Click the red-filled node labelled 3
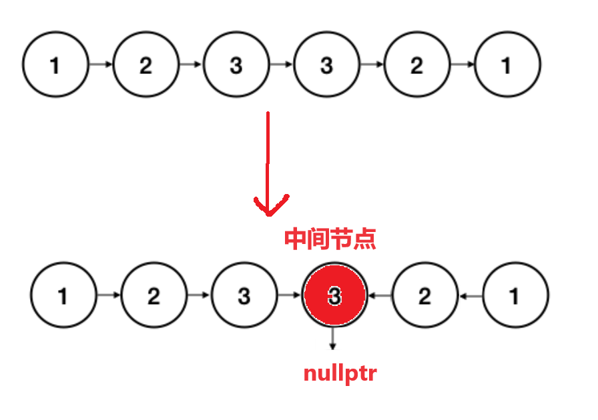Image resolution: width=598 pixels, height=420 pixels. pyautogui.click(x=334, y=295)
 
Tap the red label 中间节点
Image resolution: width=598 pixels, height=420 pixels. pyautogui.click(x=330, y=238)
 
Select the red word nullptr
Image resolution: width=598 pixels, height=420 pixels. pyautogui.click(x=340, y=373)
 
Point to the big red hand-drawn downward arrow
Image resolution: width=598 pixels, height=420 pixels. pyautogui.click(x=268, y=167)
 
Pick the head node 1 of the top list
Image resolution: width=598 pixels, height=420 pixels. pyautogui.click(x=55, y=65)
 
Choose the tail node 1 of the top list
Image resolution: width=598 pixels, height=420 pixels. pyautogui.click(x=507, y=65)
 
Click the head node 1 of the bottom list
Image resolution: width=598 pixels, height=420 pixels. pyautogui.click(x=63, y=295)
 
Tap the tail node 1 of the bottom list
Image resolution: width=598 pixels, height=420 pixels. pyautogui.click(x=515, y=295)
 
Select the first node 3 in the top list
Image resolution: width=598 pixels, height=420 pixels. pyautogui.click(x=236, y=65)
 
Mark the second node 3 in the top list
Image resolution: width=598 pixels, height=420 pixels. pyautogui.click(x=326, y=65)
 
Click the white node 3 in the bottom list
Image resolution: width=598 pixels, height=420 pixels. pyautogui.click(x=244, y=295)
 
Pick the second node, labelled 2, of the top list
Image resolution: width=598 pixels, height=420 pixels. pyautogui.click(x=145, y=65)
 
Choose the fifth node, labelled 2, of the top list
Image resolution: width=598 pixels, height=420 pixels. pyautogui.click(x=416, y=65)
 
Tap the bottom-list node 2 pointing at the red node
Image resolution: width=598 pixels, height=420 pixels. pyautogui.click(x=424, y=295)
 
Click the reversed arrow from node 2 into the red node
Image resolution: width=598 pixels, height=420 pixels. pyautogui.click(x=380, y=295)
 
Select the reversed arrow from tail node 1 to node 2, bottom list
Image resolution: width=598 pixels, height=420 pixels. pyautogui.click(x=471, y=295)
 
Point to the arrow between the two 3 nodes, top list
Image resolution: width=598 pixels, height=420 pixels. pyautogui.click(x=281, y=65)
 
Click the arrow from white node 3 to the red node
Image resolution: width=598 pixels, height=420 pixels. pyautogui.click(x=289, y=295)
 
